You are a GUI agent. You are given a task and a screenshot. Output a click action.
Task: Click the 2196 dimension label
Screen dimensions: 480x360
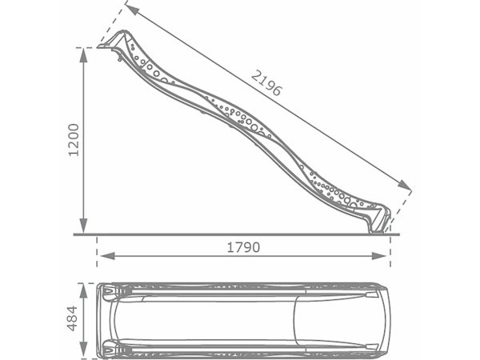[266, 83]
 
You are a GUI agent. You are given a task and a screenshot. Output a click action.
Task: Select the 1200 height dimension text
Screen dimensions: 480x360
[74, 140]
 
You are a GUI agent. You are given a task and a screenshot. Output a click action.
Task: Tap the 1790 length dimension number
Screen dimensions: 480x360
[243, 247]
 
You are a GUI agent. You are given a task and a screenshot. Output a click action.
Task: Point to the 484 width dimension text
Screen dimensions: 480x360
[72, 318]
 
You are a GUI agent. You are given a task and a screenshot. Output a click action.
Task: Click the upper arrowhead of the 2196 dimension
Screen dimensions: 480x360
[132, 10]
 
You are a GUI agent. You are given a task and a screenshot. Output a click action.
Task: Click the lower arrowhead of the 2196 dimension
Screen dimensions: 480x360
[404, 185]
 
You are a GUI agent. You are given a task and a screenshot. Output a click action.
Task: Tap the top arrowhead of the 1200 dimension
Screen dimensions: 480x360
[83, 55]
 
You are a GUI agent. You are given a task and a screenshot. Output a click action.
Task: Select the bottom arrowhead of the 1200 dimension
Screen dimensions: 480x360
[83, 226]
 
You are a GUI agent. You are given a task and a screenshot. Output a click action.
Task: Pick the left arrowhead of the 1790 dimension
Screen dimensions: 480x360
[107, 256]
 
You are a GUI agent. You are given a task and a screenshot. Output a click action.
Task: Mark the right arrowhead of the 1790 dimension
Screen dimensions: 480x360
[379, 256]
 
